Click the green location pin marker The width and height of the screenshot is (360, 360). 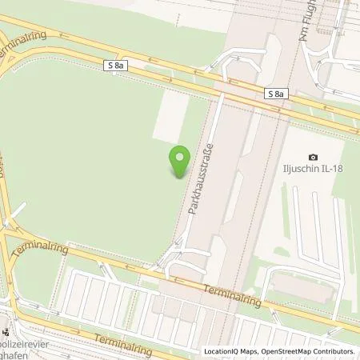point(180,159)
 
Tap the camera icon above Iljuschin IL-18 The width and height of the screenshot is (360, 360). point(313,156)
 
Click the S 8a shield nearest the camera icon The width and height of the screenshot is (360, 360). point(275,94)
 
